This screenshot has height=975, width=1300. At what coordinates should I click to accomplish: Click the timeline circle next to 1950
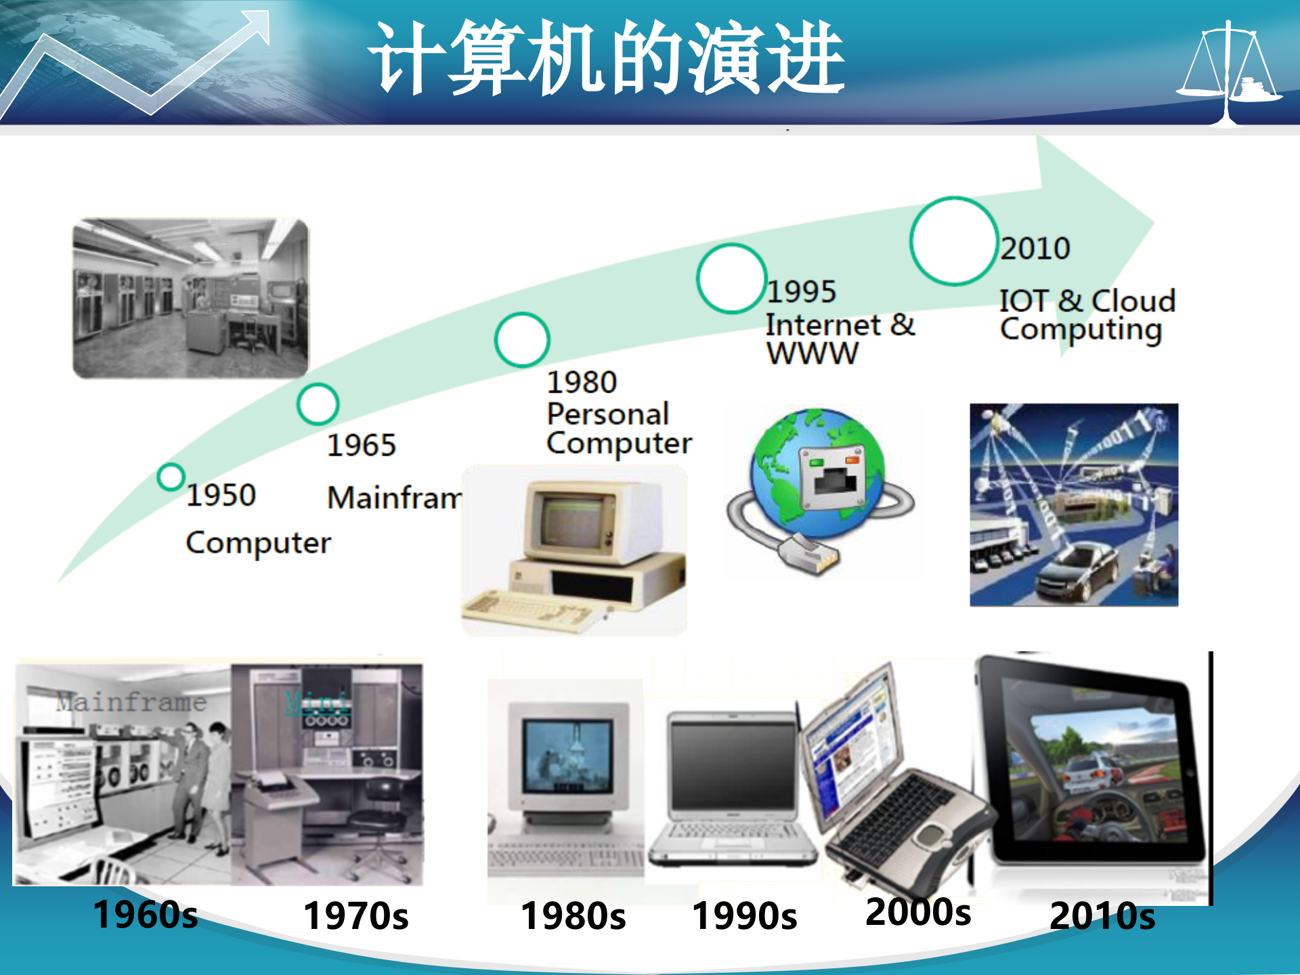coord(171,477)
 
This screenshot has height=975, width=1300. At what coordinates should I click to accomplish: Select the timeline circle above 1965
coord(318,404)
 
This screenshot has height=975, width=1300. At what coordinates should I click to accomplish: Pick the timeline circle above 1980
coord(521,340)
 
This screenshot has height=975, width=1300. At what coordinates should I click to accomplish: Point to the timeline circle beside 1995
coord(731,278)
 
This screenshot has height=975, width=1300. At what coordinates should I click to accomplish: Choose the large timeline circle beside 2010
coord(953,241)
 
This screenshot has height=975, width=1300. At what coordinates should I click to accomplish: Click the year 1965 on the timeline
coord(361,446)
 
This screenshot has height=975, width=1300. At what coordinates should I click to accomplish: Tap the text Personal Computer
coord(618,429)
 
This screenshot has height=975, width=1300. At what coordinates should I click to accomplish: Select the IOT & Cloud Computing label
coord(1087,315)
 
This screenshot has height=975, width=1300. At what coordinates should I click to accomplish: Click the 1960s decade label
coord(145,915)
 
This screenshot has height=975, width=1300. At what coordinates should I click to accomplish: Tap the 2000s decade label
coord(917,912)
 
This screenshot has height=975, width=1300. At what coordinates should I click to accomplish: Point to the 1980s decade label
coord(573,916)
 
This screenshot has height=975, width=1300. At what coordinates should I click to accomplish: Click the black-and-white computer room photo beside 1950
coord(191,298)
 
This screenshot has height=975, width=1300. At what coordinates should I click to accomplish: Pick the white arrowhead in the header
coord(254,27)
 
